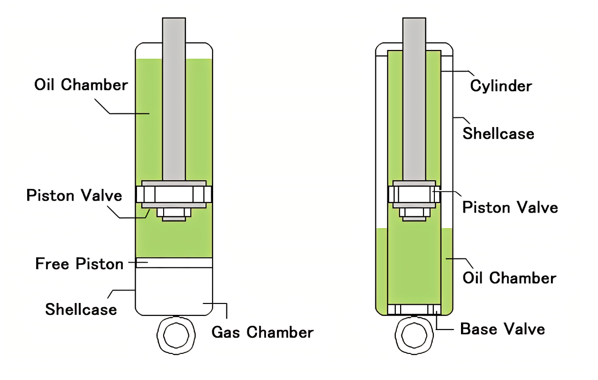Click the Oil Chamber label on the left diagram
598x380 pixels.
81,85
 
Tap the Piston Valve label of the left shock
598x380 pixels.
74,195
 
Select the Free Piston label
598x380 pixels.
79,264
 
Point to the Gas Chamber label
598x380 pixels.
263,332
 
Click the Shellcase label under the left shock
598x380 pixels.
81,310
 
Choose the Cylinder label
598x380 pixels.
501,86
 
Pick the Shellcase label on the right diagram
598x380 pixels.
499,134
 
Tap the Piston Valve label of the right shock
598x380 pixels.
510,207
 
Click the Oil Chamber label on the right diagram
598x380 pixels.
510,277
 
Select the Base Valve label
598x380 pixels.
502,329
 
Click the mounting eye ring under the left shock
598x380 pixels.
176,335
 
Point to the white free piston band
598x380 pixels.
174,263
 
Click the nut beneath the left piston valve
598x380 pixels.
174,214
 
